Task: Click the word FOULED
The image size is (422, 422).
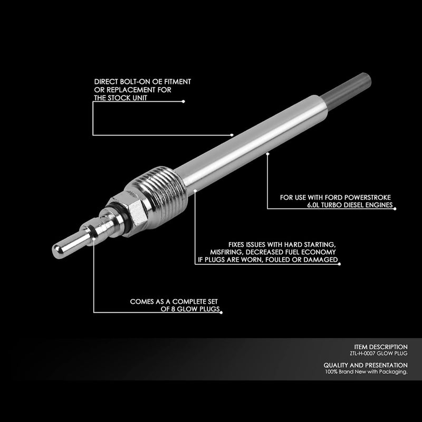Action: tap(286, 260)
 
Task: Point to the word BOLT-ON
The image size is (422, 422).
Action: tap(131, 82)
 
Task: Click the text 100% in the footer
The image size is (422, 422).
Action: tap(332, 372)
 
